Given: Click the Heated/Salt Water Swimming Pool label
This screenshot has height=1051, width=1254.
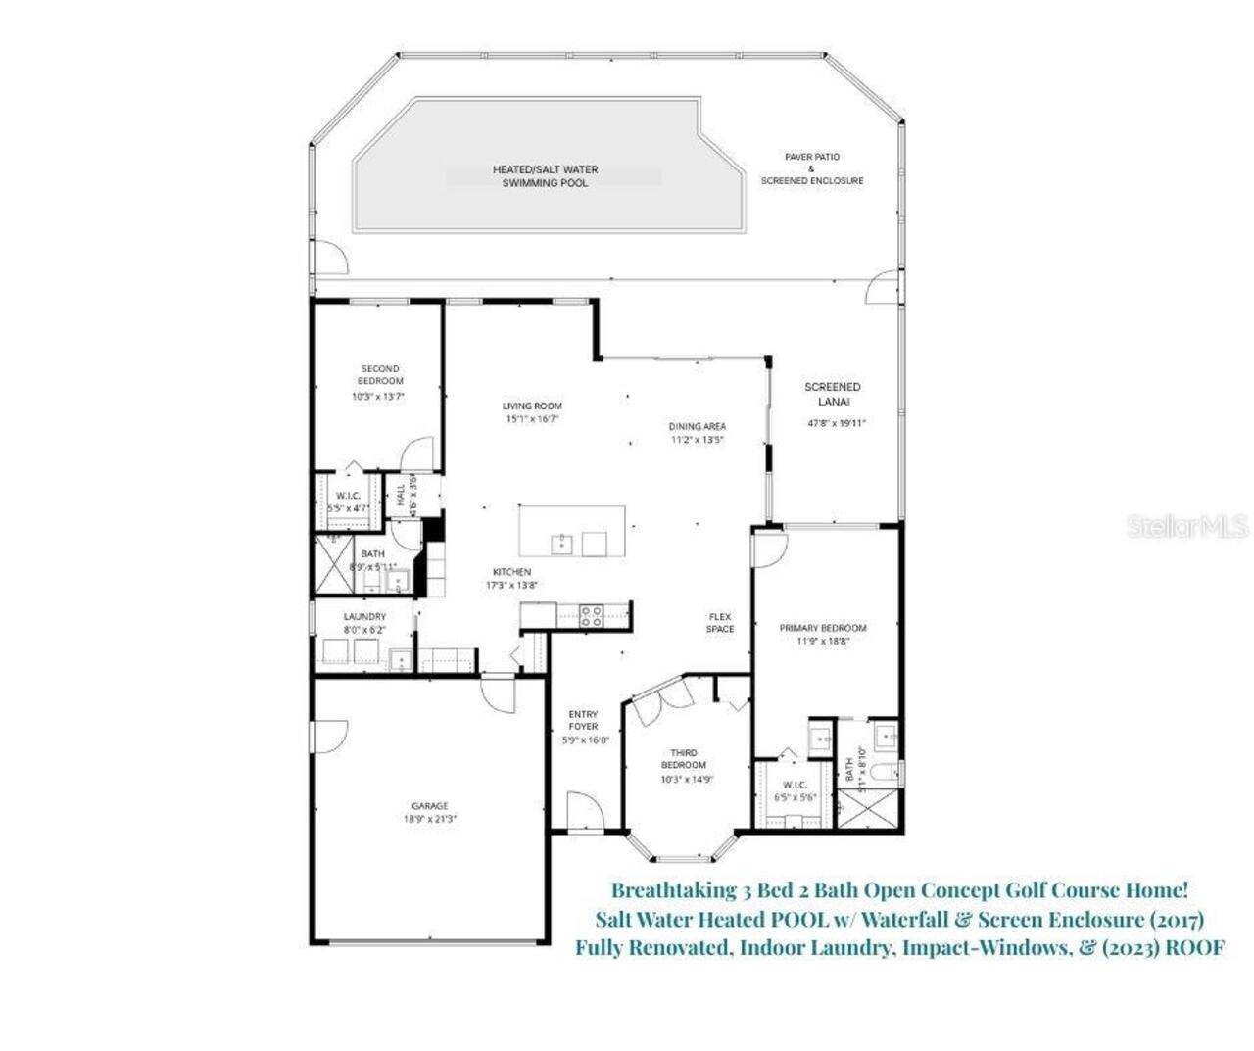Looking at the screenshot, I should [x=545, y=176].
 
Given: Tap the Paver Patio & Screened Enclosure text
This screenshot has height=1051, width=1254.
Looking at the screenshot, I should [x=812, y=168].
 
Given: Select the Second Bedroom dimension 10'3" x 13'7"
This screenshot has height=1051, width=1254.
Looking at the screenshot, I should [x=378, y=397].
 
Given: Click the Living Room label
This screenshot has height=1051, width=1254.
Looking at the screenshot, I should [x=532, y=406].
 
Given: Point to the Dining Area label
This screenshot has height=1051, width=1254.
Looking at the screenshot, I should [x=698, y=426].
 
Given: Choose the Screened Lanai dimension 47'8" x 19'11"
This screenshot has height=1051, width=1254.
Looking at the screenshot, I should [x=837, y=423].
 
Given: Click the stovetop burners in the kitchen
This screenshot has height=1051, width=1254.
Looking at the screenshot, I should [x=591, y=615].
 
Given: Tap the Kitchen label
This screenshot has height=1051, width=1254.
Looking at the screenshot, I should [x=511, y=572].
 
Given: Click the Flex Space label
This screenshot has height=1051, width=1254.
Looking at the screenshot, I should [x=720, y=622].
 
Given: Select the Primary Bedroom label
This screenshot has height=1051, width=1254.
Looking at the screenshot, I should [x=822, y=628].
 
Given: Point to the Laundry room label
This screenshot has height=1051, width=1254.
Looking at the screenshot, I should [x=364, y=616].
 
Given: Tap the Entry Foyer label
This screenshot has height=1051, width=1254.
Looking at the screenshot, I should [x=583, y=720].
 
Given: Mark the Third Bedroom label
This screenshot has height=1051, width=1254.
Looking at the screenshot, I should [x=683, y=758].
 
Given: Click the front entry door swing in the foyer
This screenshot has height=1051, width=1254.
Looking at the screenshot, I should [x=580, y=811].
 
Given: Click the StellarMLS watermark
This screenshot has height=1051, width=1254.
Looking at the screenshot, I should [x=1187, y=527].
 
